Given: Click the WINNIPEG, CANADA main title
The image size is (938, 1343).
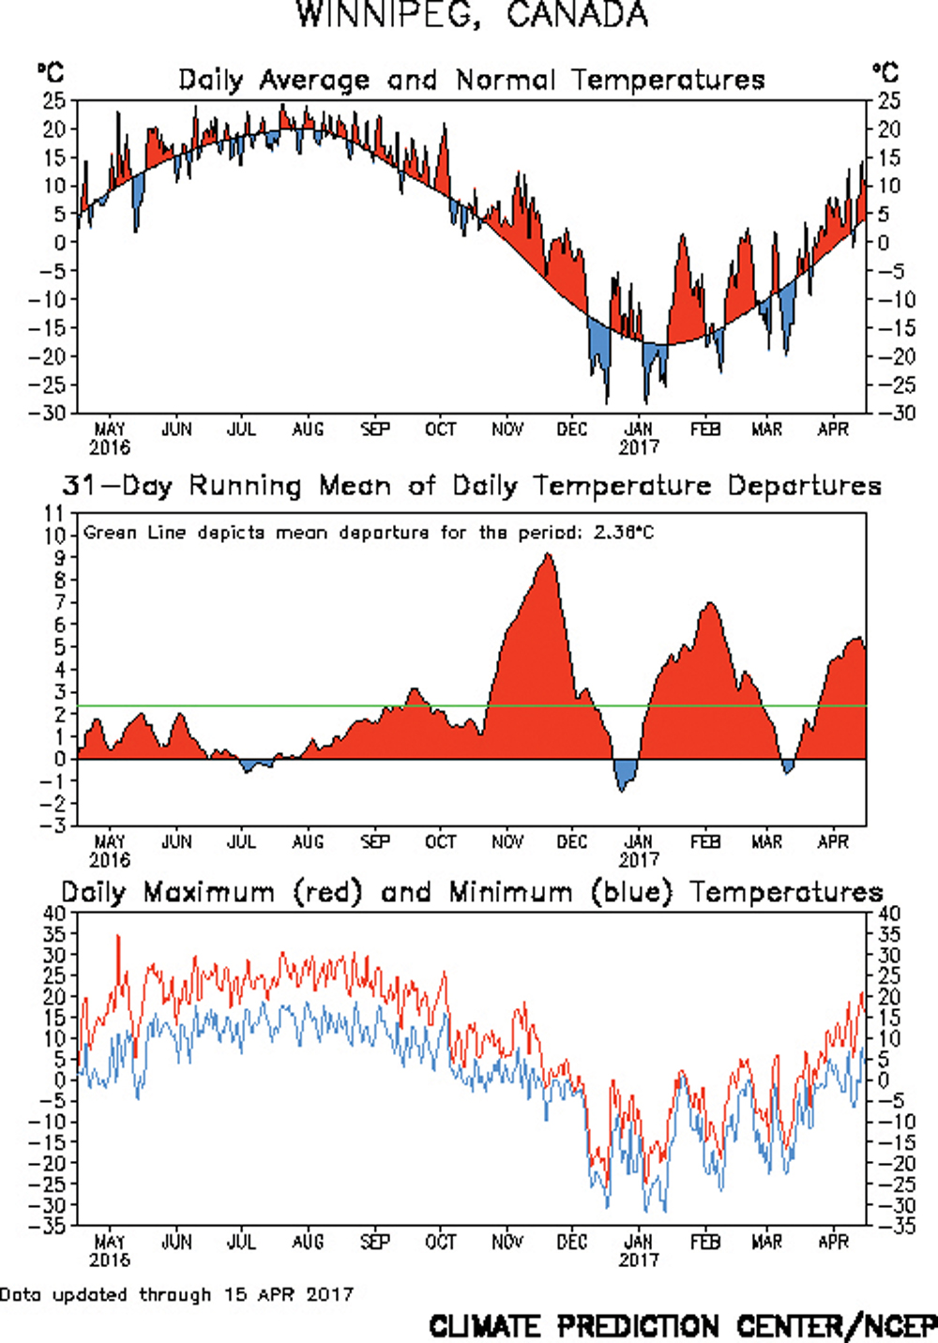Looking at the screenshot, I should point(472,15).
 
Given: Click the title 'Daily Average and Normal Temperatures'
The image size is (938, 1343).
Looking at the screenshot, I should point(471,81).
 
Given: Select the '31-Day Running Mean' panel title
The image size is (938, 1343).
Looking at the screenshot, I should point(472,486).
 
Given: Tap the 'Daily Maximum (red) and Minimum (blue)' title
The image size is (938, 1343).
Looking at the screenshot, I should point(472,892).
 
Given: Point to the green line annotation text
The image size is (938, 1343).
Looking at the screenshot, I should point(369,533).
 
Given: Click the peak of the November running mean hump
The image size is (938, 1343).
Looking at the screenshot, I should point(548,556).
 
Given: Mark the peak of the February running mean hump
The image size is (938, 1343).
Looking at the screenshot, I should point(710,605).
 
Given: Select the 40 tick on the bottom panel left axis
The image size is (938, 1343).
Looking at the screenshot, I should point(53,913).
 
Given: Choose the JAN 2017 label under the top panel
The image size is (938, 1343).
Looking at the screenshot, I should point(639,438).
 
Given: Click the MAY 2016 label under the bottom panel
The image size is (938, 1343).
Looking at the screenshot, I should point(110,1250).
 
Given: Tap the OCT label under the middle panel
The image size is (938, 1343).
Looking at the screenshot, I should point(440,842).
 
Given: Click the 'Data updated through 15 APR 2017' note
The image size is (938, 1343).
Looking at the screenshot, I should point(176,1295).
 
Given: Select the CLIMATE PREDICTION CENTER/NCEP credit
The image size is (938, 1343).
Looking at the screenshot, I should point(682,1326).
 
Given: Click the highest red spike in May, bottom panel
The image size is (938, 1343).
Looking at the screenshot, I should point(117,936).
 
